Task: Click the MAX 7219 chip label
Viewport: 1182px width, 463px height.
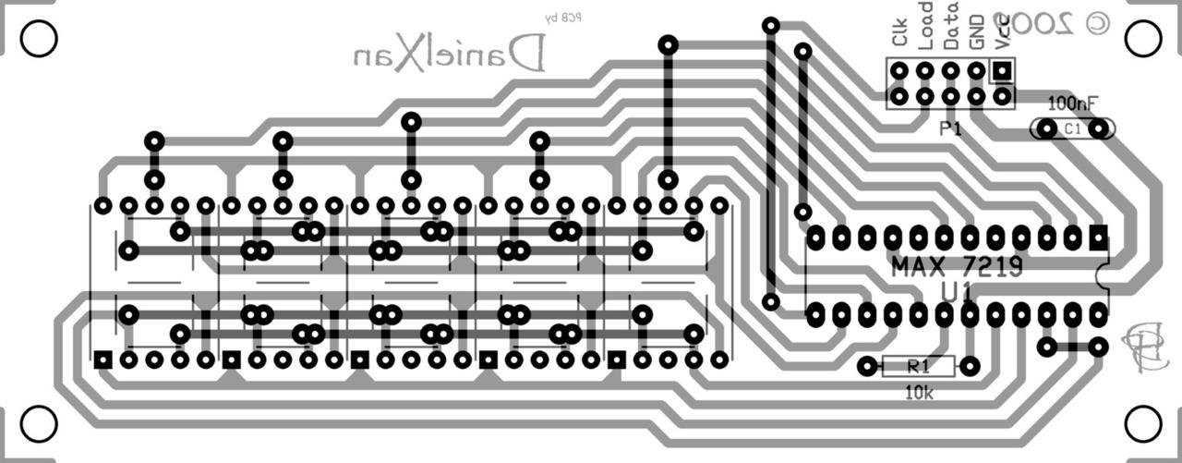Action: point(957,268)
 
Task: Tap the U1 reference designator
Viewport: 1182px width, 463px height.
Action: point(957,293)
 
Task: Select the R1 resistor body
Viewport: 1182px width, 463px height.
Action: point(918,367)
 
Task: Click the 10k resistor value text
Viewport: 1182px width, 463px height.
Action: point(919,393)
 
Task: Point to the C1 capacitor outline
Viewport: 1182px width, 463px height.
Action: point(1072,129)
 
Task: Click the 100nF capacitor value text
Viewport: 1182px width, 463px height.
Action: point(1074,103)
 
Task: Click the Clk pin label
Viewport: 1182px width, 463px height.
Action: point(899,35)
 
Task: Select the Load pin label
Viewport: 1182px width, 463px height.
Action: point(925,26)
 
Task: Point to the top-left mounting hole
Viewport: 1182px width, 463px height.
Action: point(38,39)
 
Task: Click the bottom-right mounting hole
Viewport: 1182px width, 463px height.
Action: point(1143,424)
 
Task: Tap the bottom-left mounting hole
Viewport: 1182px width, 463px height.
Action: point(38,424)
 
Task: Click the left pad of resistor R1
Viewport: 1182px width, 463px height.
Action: point(866,367)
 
